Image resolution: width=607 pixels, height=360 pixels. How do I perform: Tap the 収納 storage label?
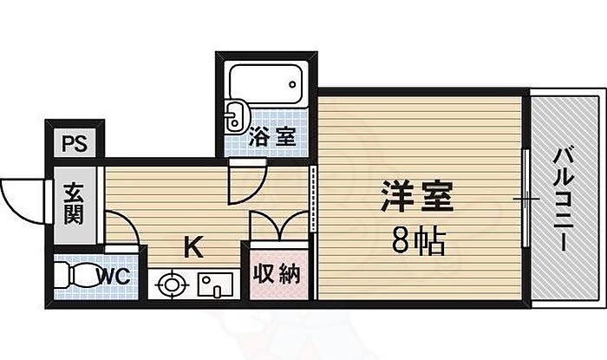[278, 274]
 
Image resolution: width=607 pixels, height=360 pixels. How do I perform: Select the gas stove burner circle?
[172, 283]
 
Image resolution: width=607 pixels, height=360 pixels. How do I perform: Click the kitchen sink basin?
[212, 284]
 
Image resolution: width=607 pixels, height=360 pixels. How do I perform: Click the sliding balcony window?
[527, 199]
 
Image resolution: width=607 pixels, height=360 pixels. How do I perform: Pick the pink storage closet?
[278, 274]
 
